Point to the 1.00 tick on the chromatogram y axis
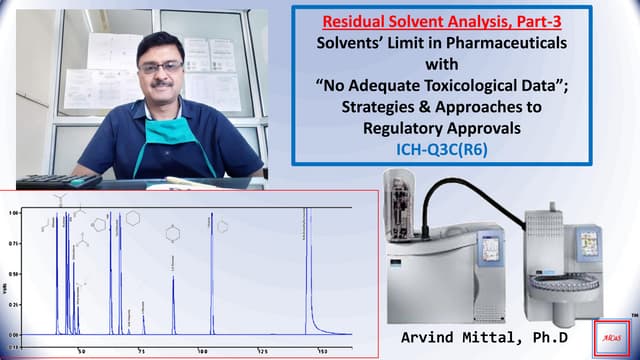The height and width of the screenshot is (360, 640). [x=13, y=213]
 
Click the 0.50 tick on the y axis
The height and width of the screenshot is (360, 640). [x=13, y=273]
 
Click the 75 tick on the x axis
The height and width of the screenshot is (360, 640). [x=142, y=352]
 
